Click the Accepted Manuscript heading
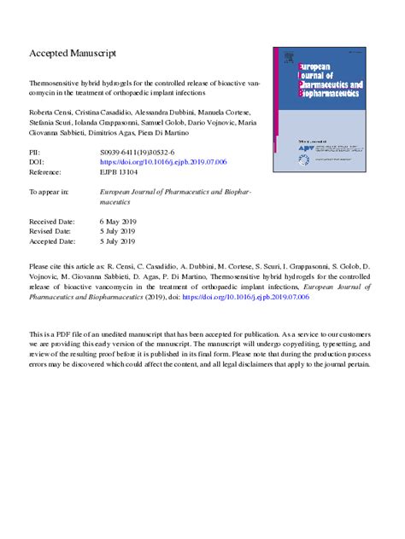pos(73,53)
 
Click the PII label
pos(35,151)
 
